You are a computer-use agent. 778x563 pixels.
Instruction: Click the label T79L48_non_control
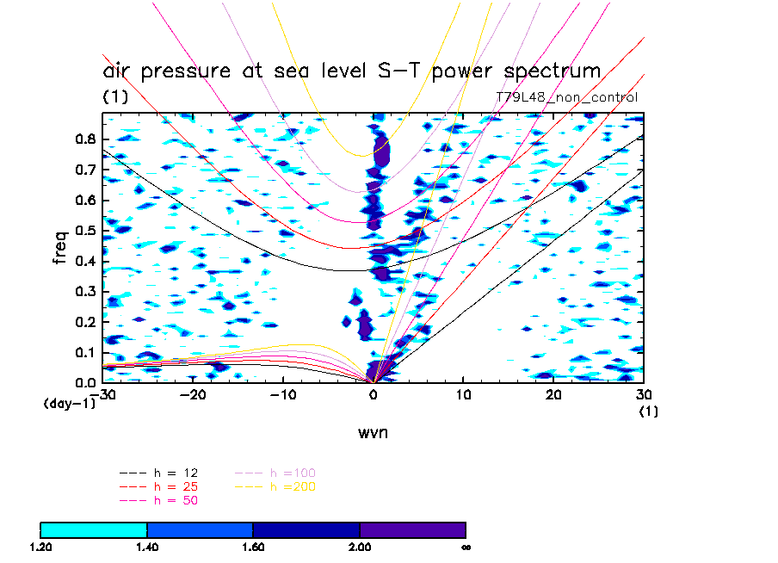point(566,97)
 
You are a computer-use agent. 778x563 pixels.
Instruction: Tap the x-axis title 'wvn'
point(374,432)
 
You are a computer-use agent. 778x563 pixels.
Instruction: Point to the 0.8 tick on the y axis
point(83,140)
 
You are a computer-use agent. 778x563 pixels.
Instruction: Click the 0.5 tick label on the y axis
point(83,231)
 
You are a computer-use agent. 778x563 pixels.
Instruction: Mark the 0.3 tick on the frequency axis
point(83,292)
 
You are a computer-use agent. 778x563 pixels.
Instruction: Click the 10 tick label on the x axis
point(463,394)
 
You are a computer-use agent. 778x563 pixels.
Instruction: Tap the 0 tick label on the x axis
point(373,394)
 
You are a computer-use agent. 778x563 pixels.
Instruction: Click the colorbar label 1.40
point(147,547)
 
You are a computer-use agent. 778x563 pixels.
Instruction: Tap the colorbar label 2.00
point(360,547)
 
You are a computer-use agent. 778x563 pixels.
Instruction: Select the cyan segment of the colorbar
point(94,529)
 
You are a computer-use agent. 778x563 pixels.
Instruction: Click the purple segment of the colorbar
point(412,529)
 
